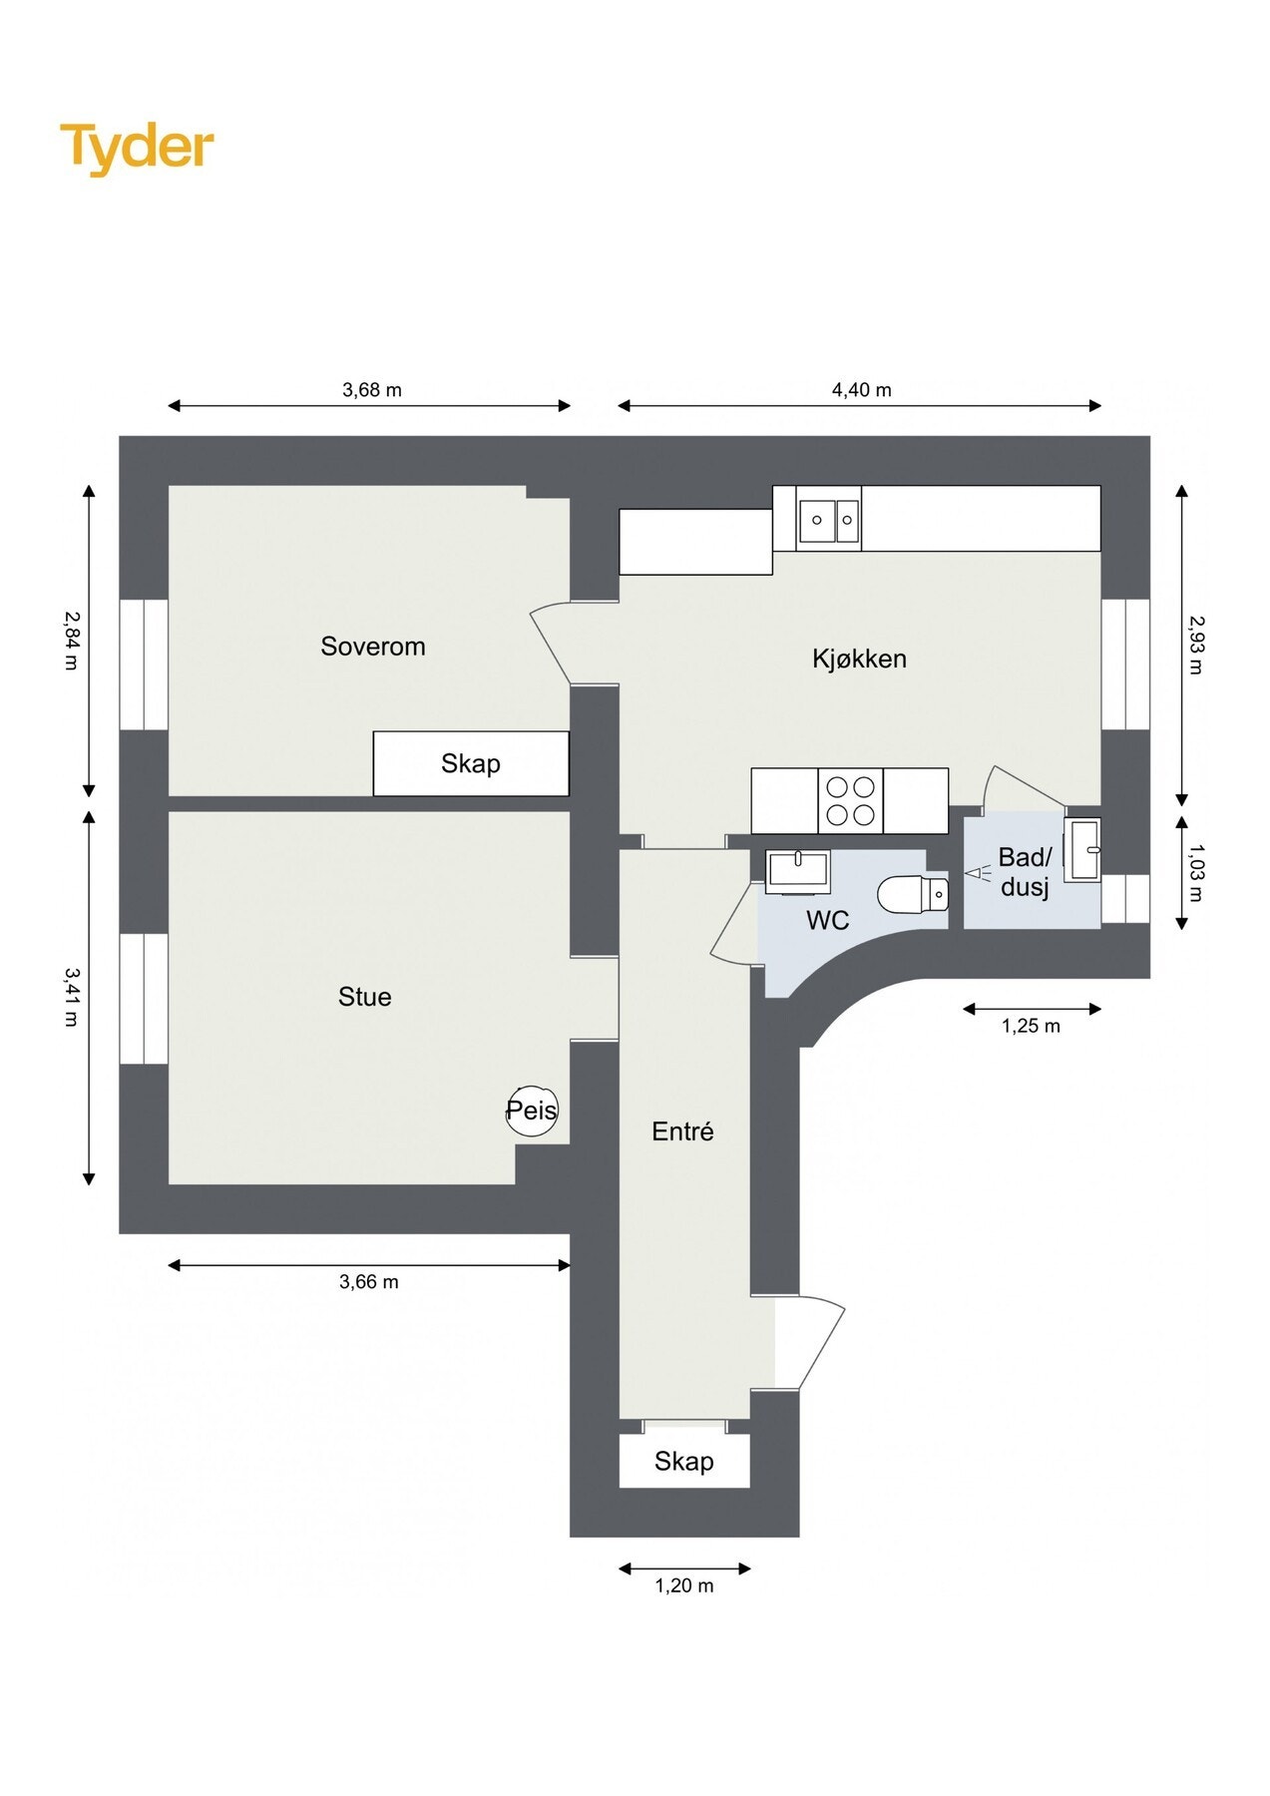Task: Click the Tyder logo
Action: point(137,148)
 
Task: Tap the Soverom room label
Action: point(372,647)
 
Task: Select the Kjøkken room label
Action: point(858,659)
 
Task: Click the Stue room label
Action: point(364,997)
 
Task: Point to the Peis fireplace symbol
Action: point(531,1110)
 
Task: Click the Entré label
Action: point(682,1131)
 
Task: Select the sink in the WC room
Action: point(797,870)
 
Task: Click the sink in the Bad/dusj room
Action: point(1082,849)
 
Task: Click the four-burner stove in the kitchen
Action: point(850,800)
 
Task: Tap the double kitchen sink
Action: point(828,520)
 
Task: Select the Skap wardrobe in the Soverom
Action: point(471,764)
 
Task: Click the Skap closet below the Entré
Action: point(683,1462)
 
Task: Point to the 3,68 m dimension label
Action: point(371,390)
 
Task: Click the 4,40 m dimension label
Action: point(861,390)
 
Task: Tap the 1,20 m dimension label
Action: point(683,1585)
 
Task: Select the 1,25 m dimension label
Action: point(1031,1026)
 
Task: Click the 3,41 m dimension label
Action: point(71,996)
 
